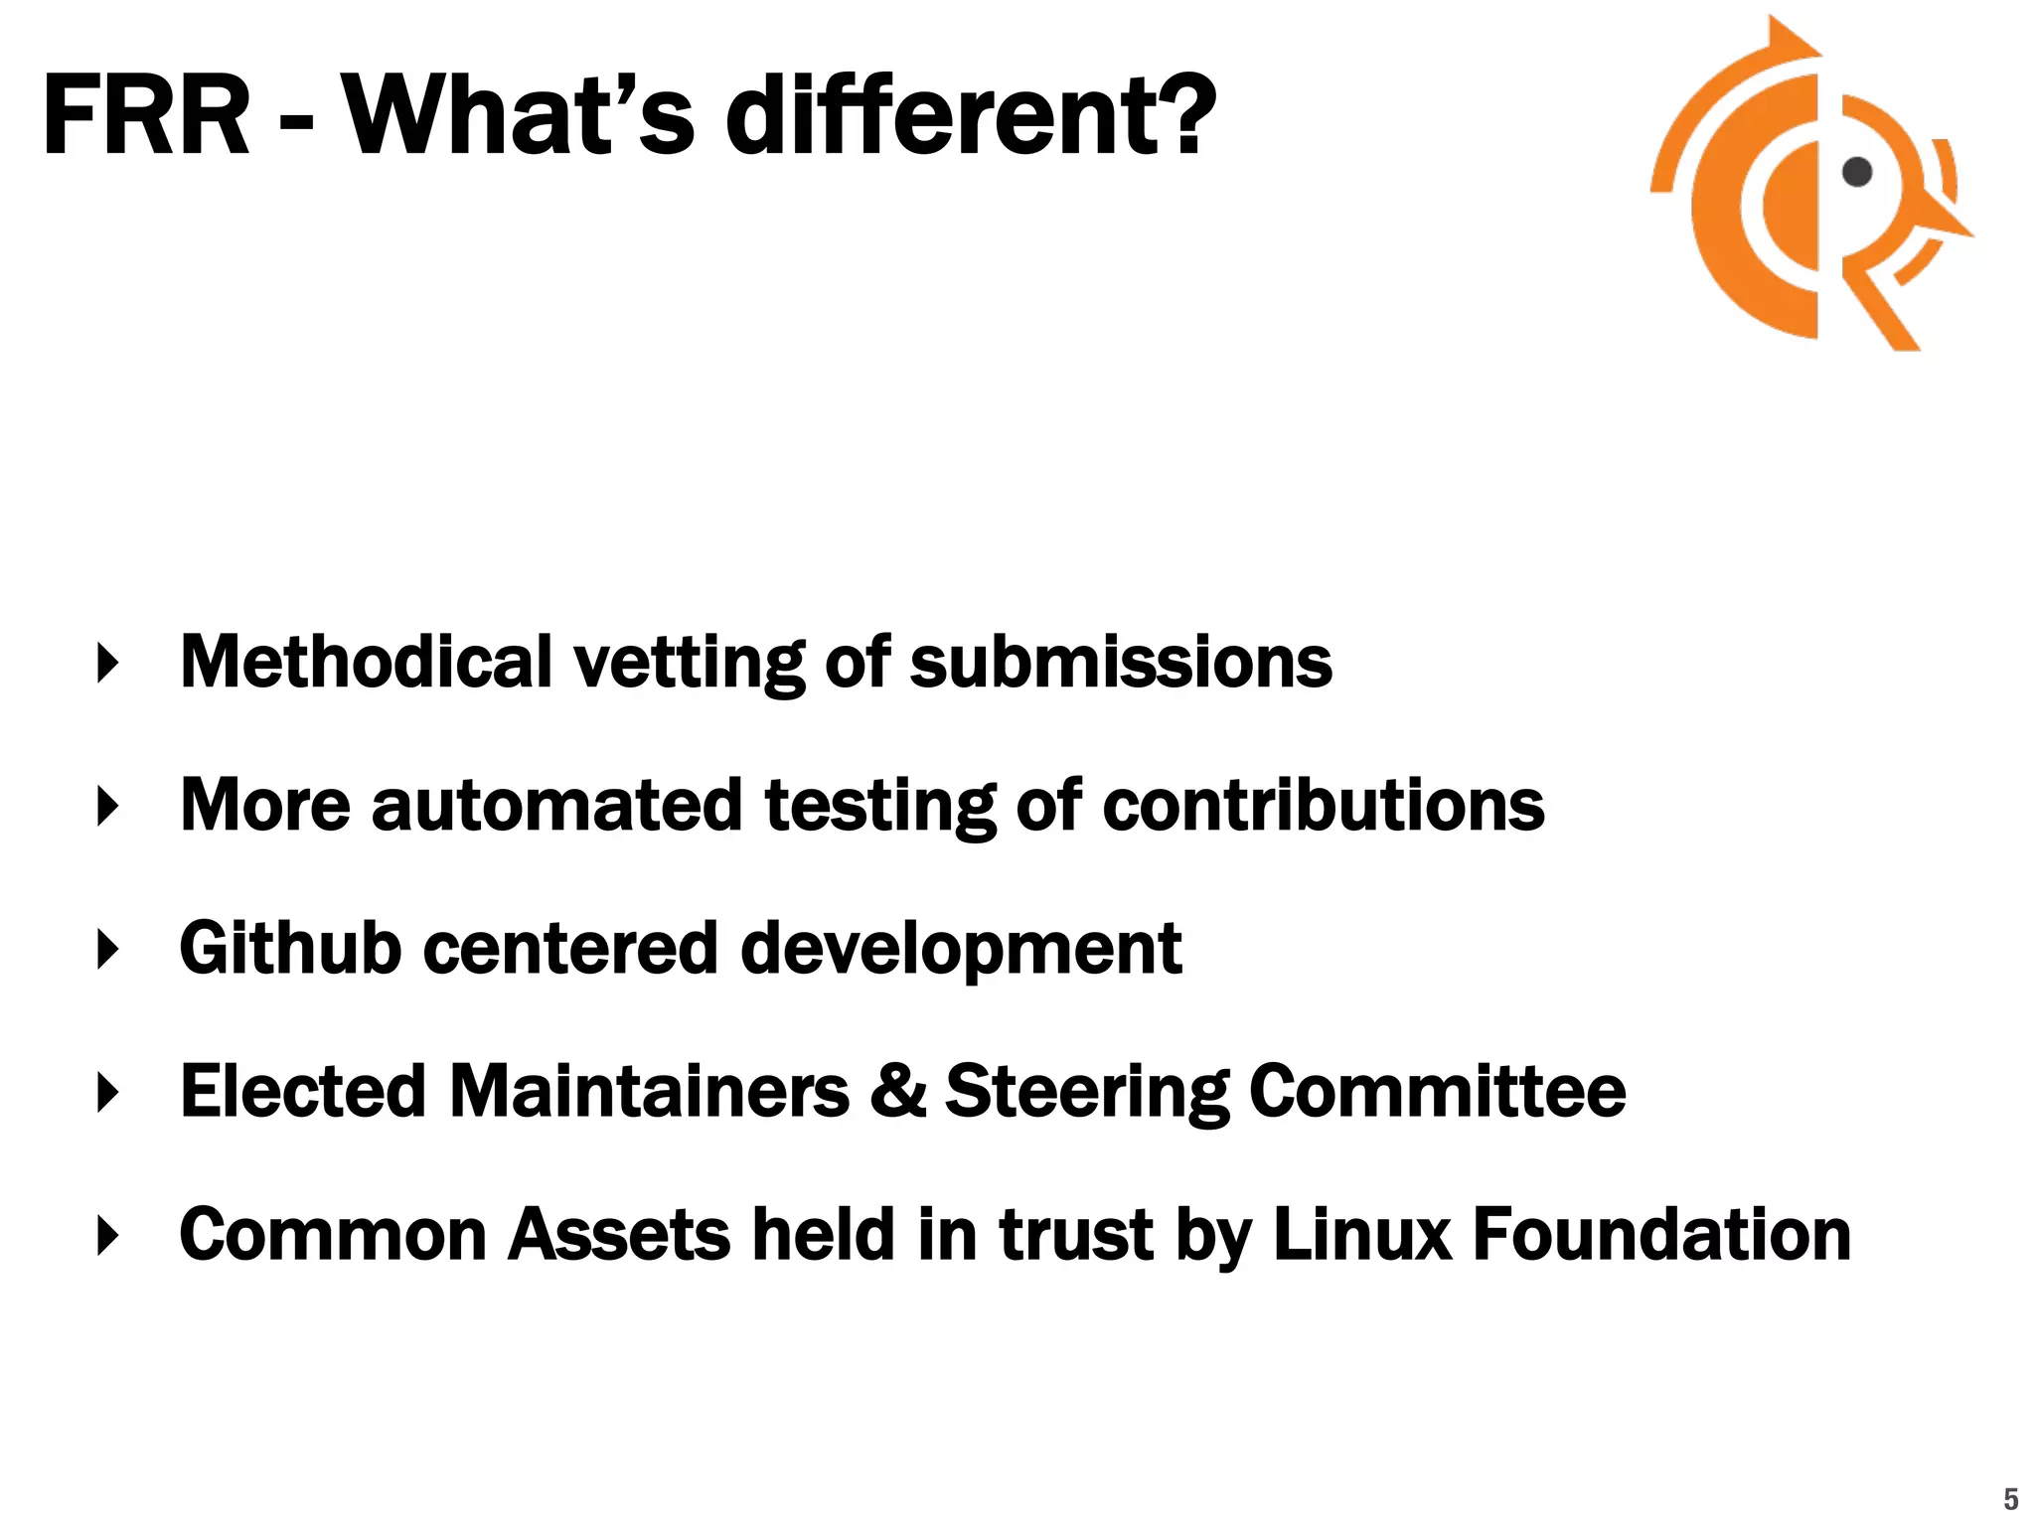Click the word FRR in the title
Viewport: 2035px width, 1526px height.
pyautogui.click(x=146, y=116)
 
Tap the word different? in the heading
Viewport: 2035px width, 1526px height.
pyautogui.click(x=971, y=116)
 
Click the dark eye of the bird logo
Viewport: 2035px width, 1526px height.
pyautogui.click(x=1856, y=172)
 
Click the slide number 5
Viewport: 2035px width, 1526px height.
pyautogui.click(x=2010, y=1498)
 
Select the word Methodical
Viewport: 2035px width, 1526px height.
pyautogui.click(x=366, y=662)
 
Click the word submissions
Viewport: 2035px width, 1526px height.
pyautogui.click(x=1121, y=664)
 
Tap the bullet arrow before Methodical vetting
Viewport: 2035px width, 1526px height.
pyautogui.click(x=108, y=663)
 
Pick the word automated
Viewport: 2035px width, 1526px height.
pyautogui.click(x=556, y=805)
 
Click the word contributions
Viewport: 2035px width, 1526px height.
pyautogui.click(x=1324, y=805)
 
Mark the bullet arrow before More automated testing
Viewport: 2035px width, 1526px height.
pyautogui.click(x=108, y=806)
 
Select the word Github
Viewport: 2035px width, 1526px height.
pyautogui.click(x=290, y=949)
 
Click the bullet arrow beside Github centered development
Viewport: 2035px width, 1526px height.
pyautogui.click(x=108, y=949)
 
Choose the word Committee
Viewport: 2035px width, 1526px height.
pyautogui.click(x=1437, y=1091)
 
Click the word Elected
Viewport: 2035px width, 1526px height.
pyautogui.click(x=303, y=1091)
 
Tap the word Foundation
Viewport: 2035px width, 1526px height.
pyautogui.click(x=1661, y=1234)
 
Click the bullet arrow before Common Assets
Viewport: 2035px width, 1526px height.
pyautogui.click(x=108, y=1235)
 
